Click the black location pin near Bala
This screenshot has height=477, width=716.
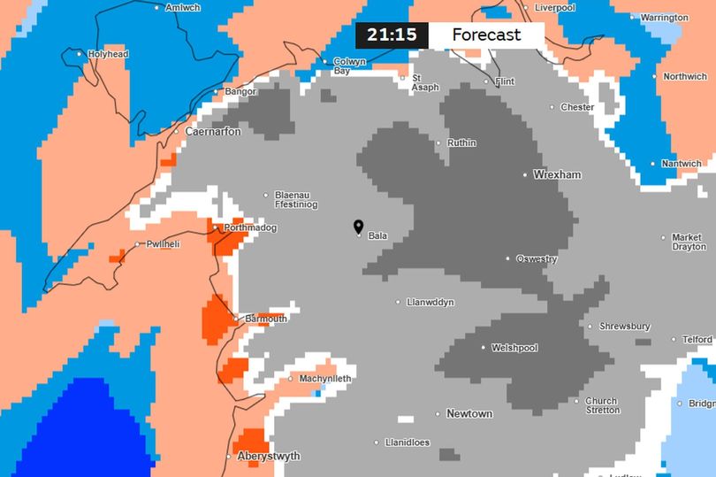(x=358, y=227)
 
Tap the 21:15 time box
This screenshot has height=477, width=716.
(x=392, y=35)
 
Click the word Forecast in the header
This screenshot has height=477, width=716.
(x=486, y=35)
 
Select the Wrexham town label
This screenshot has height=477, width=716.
(x=557, y=174)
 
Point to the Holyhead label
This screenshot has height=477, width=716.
(x=108, y=54)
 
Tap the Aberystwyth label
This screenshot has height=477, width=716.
(x=268, y=457)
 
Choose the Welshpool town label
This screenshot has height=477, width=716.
(x=514, y=348)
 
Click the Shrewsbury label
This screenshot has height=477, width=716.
(x=625, y=327)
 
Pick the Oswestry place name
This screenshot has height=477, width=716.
(x=537, y=259)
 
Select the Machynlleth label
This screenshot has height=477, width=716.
(x=324, y=379)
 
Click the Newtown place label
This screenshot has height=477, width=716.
(x=469, y=413)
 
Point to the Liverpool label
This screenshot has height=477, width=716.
(x=555, y=7)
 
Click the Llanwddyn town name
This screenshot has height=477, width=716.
(x=430, y=303)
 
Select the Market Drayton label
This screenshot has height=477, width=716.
(x=687, y=242)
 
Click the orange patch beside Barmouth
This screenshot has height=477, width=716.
(x=214, y=318)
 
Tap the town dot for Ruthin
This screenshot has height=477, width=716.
(x=438, y=142)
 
